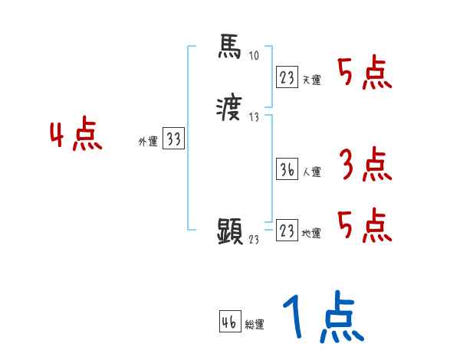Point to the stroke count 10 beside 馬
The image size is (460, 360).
255,56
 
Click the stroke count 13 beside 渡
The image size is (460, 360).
255,116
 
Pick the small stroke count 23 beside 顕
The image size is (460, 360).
255,240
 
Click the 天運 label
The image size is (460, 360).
312,80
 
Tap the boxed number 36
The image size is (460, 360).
287,169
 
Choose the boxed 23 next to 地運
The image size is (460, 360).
287,230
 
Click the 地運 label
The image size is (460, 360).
312,234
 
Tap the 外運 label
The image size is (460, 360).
147,142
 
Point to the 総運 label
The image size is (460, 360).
255,325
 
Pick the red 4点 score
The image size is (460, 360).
76,136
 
